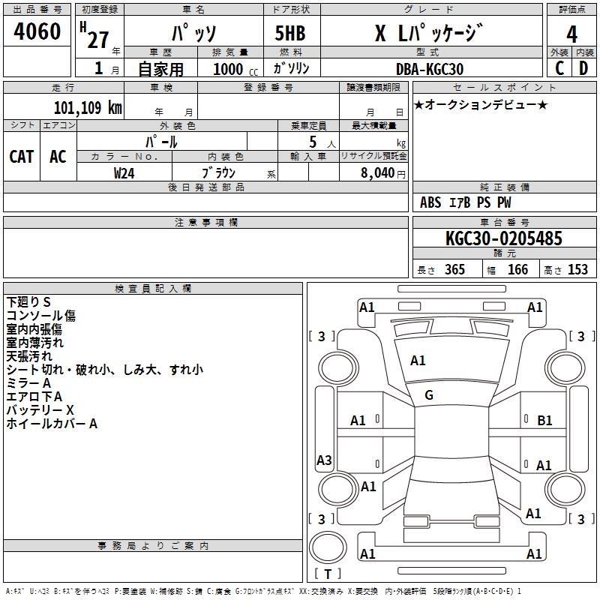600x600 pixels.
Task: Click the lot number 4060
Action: (37, 31)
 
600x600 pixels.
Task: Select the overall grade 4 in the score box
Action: (571, 34)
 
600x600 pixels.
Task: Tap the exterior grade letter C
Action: (559, 68)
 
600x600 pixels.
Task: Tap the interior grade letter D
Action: (583, 68)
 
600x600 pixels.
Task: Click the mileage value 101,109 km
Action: (88, 107)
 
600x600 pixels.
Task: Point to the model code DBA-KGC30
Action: (430, 69)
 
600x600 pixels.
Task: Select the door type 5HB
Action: (290, 33)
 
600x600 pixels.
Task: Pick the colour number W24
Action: (124, 173)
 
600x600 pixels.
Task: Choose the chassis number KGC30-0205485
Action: (504, 238)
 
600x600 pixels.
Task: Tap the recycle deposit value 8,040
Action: (377, 173)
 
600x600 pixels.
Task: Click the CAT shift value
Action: (22, 157)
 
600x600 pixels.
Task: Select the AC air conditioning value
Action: (58, 157)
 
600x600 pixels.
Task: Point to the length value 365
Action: (454, 269)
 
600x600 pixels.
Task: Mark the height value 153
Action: (577, 269)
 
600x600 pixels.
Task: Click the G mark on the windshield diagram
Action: (429, 395)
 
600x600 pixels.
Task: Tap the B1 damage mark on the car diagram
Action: (544, 421)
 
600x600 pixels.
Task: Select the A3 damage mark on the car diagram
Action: (324, 460)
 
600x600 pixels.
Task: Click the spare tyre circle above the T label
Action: (328, 547)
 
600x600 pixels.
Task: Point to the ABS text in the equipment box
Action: (430, 202)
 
